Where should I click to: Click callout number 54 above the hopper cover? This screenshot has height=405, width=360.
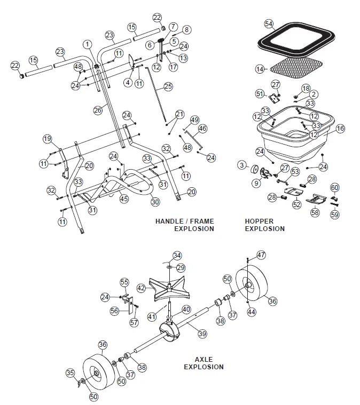[269, 25]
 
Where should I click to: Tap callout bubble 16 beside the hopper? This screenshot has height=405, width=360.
[340, 129]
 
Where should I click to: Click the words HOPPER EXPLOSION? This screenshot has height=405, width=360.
[264, 225]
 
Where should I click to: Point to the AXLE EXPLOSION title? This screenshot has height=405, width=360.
[204, 363]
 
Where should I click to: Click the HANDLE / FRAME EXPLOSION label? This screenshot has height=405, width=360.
[184, 225]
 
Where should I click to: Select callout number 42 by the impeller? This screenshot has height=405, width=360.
[141, 288]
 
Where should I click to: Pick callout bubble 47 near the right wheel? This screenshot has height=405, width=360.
[261, 255]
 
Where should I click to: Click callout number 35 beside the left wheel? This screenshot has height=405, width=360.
[69, 372]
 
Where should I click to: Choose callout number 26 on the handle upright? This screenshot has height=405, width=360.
[97, 110]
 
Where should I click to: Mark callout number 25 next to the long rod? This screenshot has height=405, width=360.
[168, 86]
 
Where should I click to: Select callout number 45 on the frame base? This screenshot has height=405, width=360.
[124, 199]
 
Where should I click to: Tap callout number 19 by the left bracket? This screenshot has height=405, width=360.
[48, 139]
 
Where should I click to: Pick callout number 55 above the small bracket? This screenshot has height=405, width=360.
[124, 281]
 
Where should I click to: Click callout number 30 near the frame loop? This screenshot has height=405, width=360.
[155, 202]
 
